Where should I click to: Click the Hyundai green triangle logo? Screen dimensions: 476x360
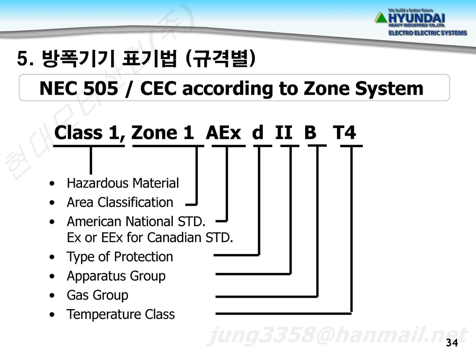[x=381, y=18]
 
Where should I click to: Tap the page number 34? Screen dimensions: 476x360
[x=452, y=343]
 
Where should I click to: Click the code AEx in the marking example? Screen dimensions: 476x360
[x=223, y=133]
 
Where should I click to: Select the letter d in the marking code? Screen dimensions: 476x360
[x=258, y=132]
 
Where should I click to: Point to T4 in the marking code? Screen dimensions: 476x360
[x=344, y=132]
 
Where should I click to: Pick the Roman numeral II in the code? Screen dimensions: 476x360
[x=284, y=132]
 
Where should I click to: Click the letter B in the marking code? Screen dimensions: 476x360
[x=310, y=132]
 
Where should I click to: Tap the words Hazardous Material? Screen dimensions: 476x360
[x=123, y=183]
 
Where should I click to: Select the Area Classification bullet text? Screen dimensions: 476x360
[x=120, y=202]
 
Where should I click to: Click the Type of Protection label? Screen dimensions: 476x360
[x=120, y=257]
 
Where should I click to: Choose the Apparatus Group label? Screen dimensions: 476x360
[x=116, y=276]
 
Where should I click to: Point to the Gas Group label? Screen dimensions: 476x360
[x=97, y=295]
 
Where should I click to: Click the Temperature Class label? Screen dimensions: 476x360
[x=121, y=314]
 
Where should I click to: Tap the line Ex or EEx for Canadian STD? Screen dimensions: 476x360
[x=150, y=238]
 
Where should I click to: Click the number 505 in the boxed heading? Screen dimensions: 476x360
[x=100, y=88]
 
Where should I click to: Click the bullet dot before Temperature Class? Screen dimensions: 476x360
[x=52, y=314]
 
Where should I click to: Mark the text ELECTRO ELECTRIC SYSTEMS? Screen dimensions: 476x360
[x=428, y=33]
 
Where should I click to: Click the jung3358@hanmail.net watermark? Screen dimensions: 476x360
[x=337, y=336]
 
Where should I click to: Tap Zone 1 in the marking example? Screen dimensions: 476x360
[x=162, y=132]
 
